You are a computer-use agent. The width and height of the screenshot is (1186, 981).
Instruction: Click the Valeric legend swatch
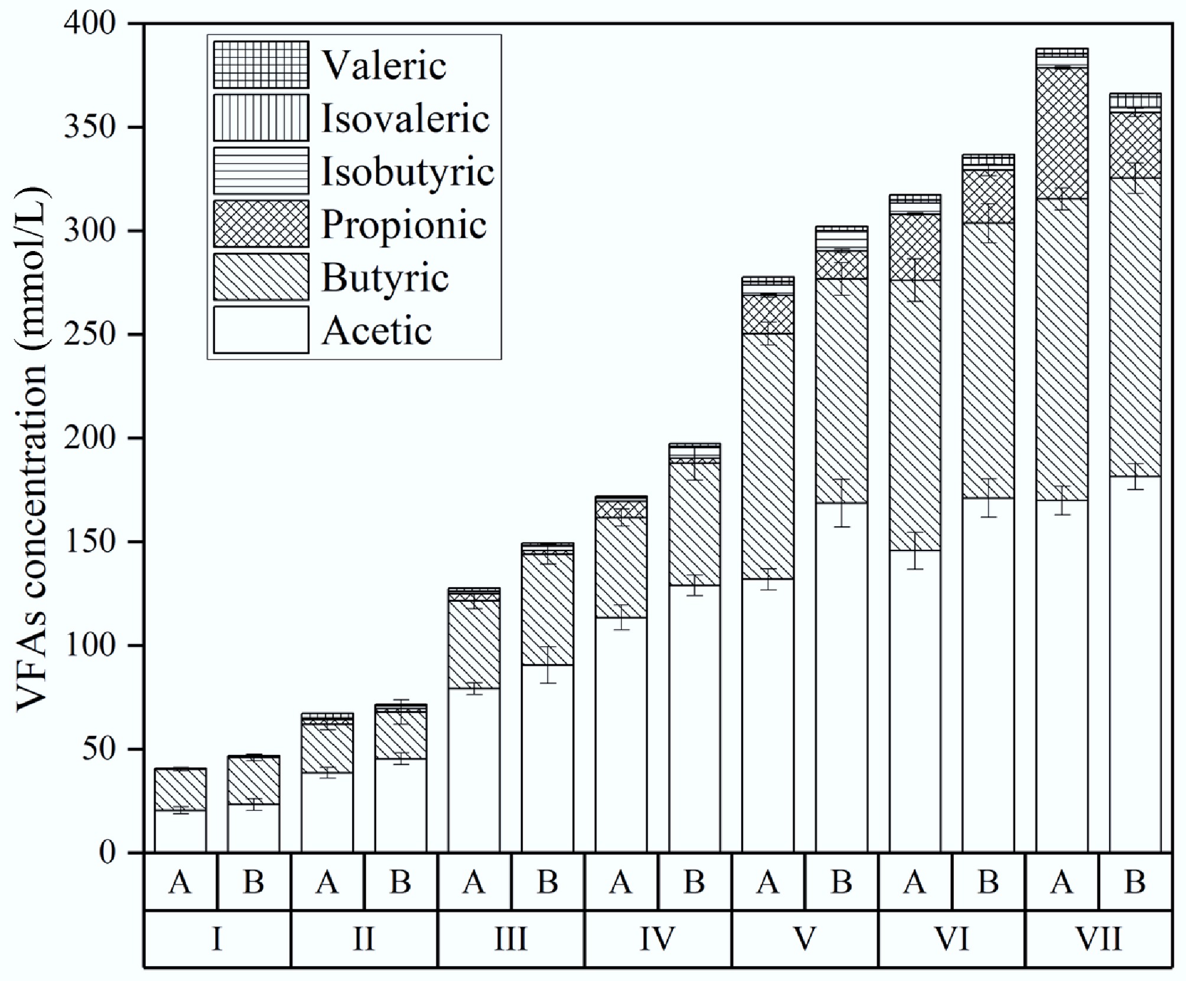tap(260, 64)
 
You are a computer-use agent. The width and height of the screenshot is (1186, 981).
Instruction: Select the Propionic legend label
tap(403, 224)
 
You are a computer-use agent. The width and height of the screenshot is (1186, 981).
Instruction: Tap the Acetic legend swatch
tap(260, 330)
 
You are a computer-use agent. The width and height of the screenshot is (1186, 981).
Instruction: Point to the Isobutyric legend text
tap(408, 171)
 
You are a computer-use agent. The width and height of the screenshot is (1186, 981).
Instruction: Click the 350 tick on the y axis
tap(90, 127)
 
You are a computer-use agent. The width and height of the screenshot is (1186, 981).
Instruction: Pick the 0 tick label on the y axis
tap(107, 852)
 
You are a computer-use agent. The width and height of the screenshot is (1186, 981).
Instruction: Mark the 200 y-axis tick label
tap(90, 438)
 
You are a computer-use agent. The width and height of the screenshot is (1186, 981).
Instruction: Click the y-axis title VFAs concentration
tap(32, 449)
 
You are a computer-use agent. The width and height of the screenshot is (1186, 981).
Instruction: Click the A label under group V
tap(767, 882)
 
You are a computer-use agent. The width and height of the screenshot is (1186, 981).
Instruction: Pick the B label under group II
tap(400, 882)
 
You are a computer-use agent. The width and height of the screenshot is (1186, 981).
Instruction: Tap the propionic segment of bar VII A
tap(1061, 133)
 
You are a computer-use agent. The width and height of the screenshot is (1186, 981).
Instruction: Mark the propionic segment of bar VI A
tap(914, 246)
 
